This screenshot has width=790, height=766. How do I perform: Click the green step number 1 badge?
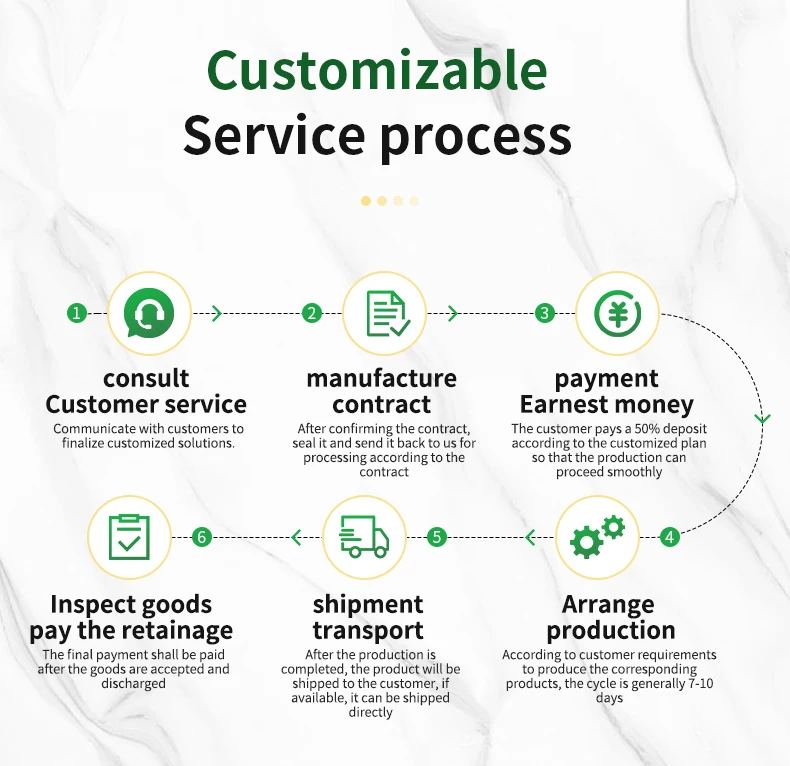77,313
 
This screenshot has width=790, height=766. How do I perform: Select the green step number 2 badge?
312,313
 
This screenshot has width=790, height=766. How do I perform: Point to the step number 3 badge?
544,313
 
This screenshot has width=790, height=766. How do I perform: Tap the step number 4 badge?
669,537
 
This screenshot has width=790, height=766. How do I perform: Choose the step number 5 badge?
436,537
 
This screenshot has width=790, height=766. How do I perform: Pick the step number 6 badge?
202,537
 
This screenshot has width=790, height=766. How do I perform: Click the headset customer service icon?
148,313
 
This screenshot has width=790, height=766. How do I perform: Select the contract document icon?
385,313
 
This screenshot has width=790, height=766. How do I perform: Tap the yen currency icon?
619,313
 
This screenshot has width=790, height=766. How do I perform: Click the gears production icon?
597,537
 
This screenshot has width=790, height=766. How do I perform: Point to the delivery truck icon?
364,537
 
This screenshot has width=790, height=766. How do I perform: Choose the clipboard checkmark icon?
129,537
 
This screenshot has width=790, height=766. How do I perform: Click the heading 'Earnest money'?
606,405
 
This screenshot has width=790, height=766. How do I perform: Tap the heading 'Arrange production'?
610,618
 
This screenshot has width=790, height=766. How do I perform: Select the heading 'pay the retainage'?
131,631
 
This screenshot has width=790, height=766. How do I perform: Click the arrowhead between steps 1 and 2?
217,313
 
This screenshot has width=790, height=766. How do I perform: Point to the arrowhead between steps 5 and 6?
296,538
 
